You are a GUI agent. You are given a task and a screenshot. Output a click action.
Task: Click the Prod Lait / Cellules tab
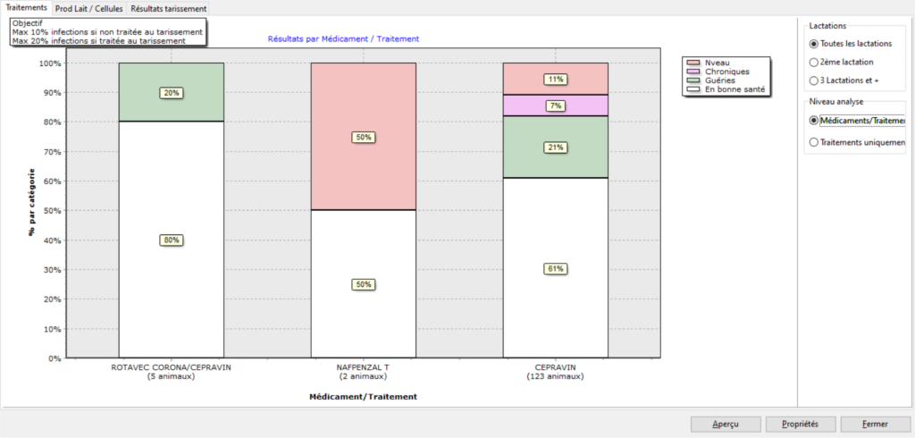[88, 8]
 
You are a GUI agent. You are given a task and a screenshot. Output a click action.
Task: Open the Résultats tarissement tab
[168, 8]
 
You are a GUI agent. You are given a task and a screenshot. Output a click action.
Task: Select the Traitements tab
[26, 7]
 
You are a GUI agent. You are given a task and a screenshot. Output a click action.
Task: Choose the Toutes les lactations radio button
[813, 43]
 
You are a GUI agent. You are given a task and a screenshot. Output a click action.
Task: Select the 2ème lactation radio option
[813, 62]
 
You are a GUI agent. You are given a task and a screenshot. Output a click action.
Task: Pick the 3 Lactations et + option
[813, 80]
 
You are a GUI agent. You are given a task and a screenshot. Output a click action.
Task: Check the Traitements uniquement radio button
[813, 141]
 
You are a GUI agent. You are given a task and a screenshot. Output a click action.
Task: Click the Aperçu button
[726, 424]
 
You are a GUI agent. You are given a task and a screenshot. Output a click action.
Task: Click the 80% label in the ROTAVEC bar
[171, 240]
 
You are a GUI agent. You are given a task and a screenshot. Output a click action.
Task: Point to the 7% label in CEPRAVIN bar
[556, 105]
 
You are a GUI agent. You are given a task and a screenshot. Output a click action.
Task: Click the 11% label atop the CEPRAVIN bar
[556, 79]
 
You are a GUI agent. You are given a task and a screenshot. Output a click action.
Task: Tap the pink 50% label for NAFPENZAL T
[363, 138]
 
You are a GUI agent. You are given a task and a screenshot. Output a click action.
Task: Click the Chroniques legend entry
[726, 72]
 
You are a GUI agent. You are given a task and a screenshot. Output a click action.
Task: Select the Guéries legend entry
[721, 80]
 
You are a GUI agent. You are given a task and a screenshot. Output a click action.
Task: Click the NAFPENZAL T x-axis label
[363, 367]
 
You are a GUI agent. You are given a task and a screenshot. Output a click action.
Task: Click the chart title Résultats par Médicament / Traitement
[343, 38]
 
